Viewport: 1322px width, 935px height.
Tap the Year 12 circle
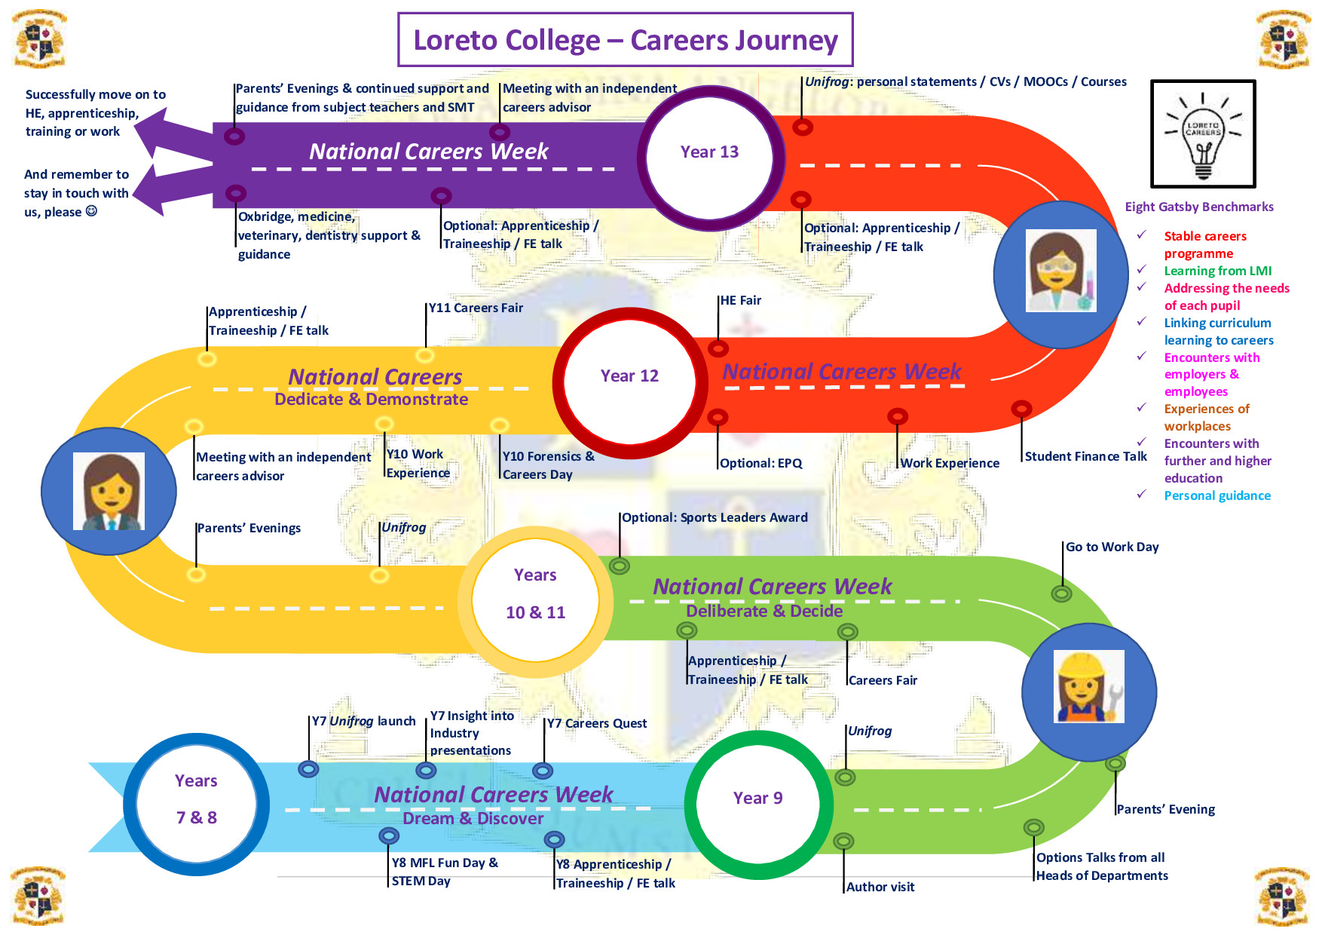point(629,379)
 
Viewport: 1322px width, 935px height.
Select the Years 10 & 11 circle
point(535,594)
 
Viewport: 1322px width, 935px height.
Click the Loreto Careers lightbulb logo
point(1203,134)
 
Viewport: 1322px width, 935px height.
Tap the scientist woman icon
point(1060,271)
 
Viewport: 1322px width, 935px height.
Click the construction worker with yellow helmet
point(1089,687)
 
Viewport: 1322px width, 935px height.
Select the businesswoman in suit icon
point(109,492)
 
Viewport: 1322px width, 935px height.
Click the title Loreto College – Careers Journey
point(626,40)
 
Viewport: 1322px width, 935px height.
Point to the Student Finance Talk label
point(1085,456)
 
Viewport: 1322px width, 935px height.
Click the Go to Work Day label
point(1112,547)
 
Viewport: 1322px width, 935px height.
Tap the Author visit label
point(880,887)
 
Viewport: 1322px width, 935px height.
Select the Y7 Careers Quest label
point(596,723)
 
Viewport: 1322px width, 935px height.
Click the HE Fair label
point(740,300)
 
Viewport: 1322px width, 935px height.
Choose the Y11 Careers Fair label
point(476,308)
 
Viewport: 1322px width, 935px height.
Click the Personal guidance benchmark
point(1216,495)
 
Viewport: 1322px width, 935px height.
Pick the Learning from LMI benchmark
point(1217,271)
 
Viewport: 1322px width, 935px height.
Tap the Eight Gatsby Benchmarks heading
point(1199,207)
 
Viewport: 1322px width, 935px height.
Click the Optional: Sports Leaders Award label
point(715,517)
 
